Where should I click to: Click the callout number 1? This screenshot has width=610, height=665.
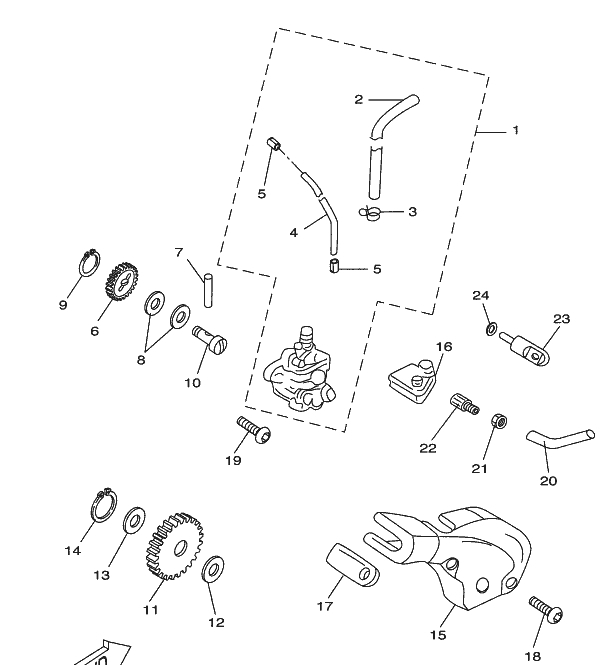click(x=516, y=130)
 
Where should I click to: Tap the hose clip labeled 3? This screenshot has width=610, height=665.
click(x=373, y=211)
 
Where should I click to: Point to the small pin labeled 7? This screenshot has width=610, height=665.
click(x=208, y=290)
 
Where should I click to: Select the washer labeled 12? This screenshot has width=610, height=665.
click(x=213, y=572)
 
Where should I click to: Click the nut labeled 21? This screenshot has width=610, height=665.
click(x=496, y=420)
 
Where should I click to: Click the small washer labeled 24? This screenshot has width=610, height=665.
click(x=491, y=329)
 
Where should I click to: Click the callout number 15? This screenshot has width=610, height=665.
click(x=439, y=634)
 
